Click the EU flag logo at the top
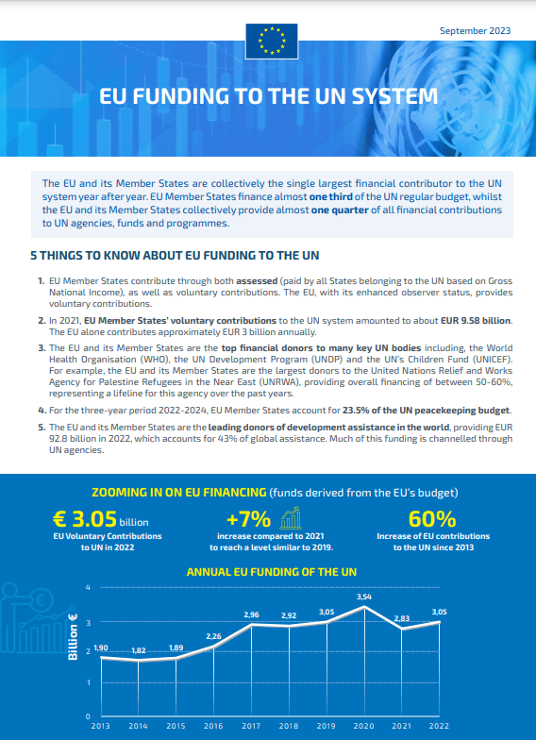[271, 42]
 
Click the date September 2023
[475, 31]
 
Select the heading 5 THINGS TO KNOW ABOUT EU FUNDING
[175, 256]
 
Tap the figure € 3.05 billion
[100, 519]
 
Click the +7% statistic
[249, 519]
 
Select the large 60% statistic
[433, 519]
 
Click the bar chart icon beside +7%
[291, 517]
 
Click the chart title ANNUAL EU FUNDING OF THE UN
[271, 572]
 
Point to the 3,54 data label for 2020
[364, 597]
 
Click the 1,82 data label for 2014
[138, 651]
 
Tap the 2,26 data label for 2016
[213, 636]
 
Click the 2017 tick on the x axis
[251, 726]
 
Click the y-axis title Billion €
[74, 651]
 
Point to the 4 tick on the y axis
[88, 588]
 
